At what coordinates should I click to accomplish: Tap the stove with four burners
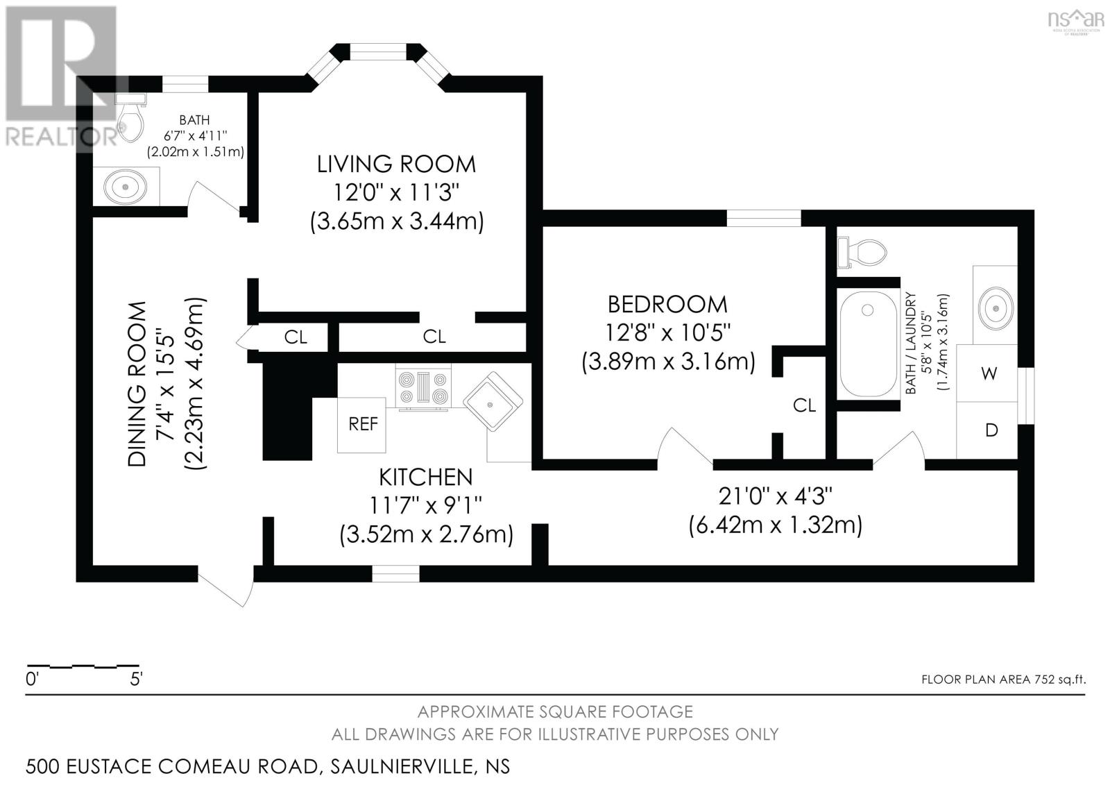click(422, 387)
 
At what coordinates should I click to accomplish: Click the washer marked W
click(989, 373)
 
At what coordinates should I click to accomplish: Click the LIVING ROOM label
click(396, 164)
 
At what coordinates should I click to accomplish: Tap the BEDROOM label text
click(667, 304)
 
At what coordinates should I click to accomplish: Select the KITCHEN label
click(425, 478)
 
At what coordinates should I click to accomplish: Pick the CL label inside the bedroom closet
click(804, 405)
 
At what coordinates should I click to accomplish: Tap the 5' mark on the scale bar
click(136, 679)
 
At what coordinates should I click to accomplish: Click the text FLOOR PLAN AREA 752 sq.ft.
click(1002, 679)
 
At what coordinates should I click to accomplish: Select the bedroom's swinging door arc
click(681, 446)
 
